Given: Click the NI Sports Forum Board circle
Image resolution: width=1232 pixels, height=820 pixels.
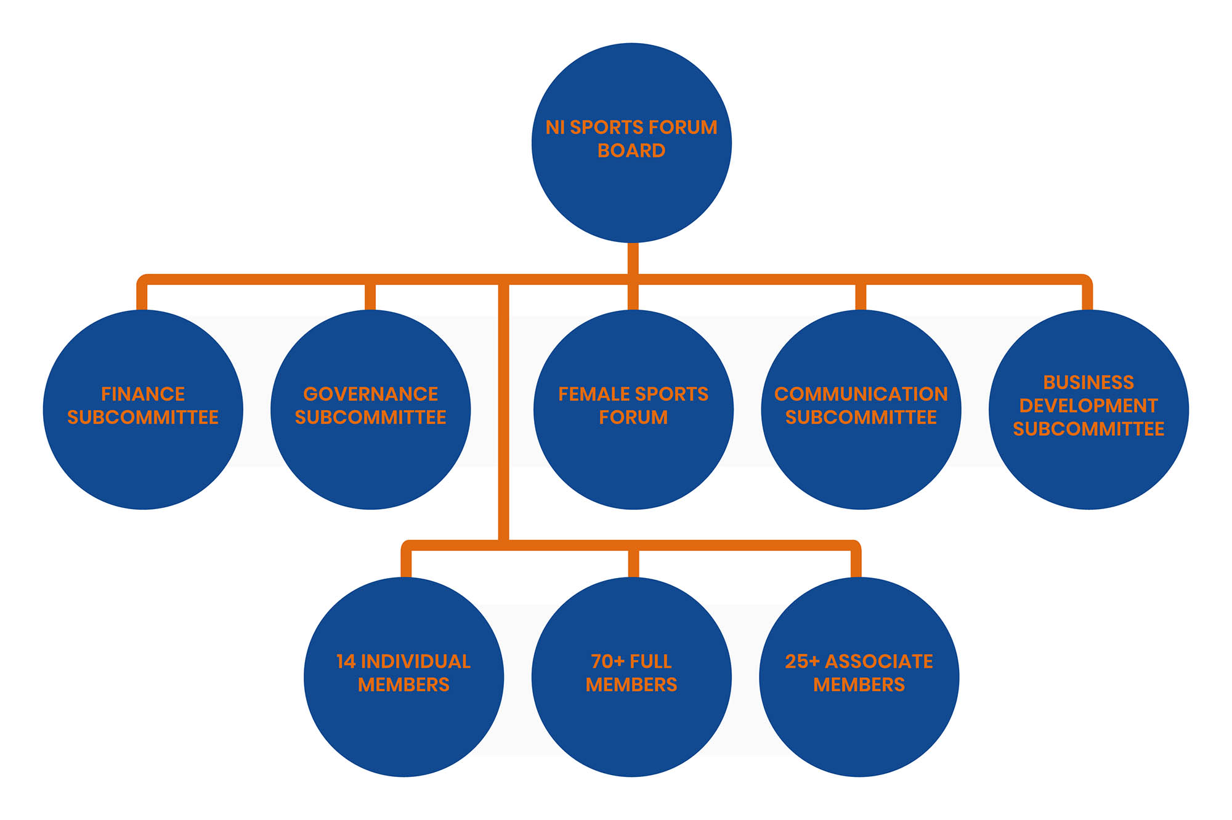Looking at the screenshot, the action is click(631, 143).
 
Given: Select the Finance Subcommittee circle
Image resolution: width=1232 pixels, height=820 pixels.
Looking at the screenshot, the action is click(143, 409).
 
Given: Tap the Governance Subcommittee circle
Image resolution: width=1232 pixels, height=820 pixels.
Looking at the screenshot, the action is click(371, 409).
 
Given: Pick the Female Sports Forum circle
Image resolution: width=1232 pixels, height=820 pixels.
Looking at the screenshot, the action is click(633, 409).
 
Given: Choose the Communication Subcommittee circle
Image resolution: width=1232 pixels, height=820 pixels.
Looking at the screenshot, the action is click(861, 409).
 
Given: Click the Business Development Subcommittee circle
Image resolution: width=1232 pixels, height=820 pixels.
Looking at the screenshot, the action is click(1088, 409).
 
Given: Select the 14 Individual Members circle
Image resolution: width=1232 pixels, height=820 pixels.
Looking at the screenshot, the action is click(403, 677).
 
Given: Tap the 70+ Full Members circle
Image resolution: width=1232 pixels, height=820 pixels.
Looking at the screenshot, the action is click(631, 677).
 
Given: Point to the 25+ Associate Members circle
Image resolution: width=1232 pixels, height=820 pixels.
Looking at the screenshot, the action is click(859, 677).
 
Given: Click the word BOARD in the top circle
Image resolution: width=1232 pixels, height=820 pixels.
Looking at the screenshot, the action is click(631, 151).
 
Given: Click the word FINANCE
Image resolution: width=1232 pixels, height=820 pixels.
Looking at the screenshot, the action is click(143, 394).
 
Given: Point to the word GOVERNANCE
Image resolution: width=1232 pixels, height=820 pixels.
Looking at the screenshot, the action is click(371, 394).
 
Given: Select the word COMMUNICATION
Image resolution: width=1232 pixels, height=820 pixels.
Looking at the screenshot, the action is click(861, 394).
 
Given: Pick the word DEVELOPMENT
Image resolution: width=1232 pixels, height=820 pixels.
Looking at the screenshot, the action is click(1088, 406).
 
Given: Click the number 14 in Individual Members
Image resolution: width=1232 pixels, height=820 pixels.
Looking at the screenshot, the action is click(346, 662).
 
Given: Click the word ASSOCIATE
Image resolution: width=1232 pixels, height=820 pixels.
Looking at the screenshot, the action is click(879, 662).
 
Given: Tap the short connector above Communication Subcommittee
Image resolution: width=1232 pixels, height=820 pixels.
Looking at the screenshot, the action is click(861, 297).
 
